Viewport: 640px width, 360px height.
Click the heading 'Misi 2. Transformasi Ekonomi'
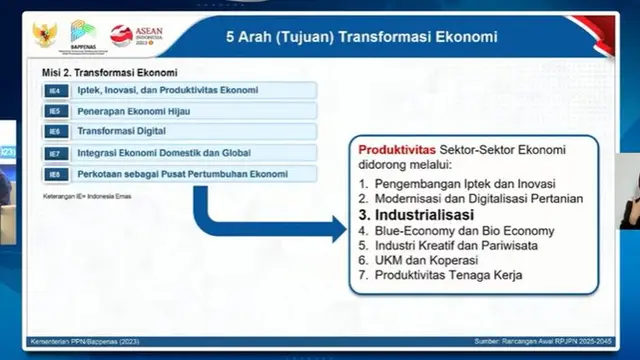click(x=109, y=73)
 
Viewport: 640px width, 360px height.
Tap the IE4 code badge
click(x=56, y=91)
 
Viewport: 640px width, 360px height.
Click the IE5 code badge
click(x=56, y=111)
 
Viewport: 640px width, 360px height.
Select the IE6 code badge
click(x=56, y=132)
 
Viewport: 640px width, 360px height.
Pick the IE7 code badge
click(x=56, y=153)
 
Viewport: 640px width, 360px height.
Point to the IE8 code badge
click(x=56, y=174)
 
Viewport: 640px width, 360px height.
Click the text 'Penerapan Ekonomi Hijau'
click(x=133, y=111)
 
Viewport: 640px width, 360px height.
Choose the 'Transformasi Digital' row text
click(x=123, y=132)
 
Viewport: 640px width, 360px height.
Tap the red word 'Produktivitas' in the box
click(x=394, y=149)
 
